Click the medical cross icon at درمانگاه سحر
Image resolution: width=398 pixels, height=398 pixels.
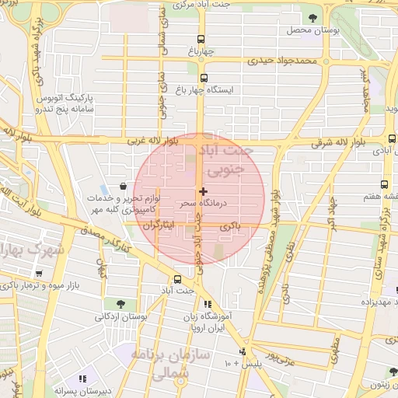pyautogui.click(x=203, y=191)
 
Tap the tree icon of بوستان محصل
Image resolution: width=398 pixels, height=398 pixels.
pyautogui.click(x=312, y=18)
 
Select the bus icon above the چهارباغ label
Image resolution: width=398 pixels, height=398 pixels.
pyautogui.click(x=201, y=39)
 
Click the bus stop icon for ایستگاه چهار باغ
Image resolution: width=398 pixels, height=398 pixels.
pyautogui.click(x=204, y=78)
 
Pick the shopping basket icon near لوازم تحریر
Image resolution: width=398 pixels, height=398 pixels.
pyautogui.click(x=124, y=186)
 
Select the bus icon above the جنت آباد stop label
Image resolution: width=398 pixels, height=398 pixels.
pyautogui.click(x=177, y=278)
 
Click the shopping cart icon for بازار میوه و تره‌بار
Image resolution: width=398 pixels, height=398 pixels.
pyautogui.click(x=39, y=274)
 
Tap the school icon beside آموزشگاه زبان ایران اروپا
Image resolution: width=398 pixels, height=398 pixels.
pyautogui.click(x=207, y=304)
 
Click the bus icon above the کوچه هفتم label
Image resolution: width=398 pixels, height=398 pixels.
pyautogui.click(x=384, y=185)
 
